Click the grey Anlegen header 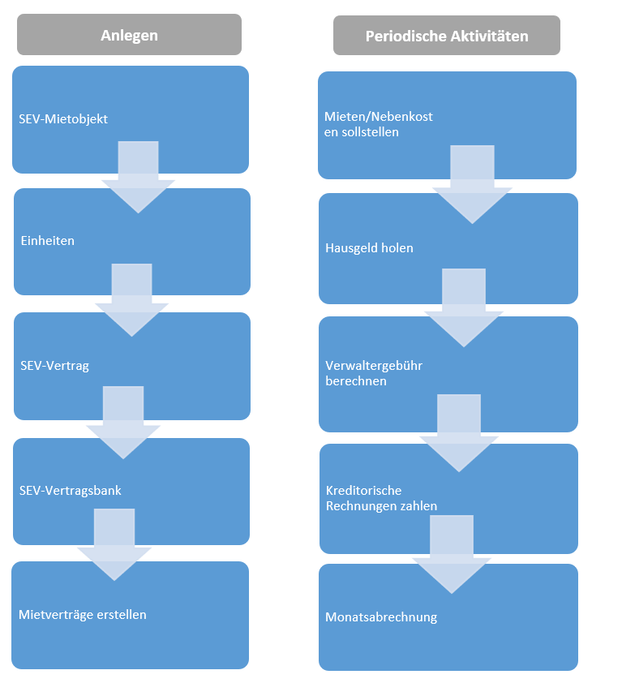pyautogui.click(x=129, y=35)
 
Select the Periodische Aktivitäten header pyautogui.click(x=446, y=36)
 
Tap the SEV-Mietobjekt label pyautogui.click(x=63, y=119)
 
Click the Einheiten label pyautogui.click(x=47, y=241)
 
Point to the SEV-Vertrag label pyautogui.click(x=54, y=365)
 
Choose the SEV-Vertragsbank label pyautogui.click(x=70, y=491)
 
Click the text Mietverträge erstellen pyautogui.click(x=82, y=614)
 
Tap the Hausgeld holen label pyautogui.click(x=369, y=247)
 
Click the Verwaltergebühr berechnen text pyautogui.click(x=374, y=373)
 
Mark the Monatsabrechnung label pyautogui.click(x=381, y=617)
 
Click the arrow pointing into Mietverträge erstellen pyautogui.click(x=114, y=545)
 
